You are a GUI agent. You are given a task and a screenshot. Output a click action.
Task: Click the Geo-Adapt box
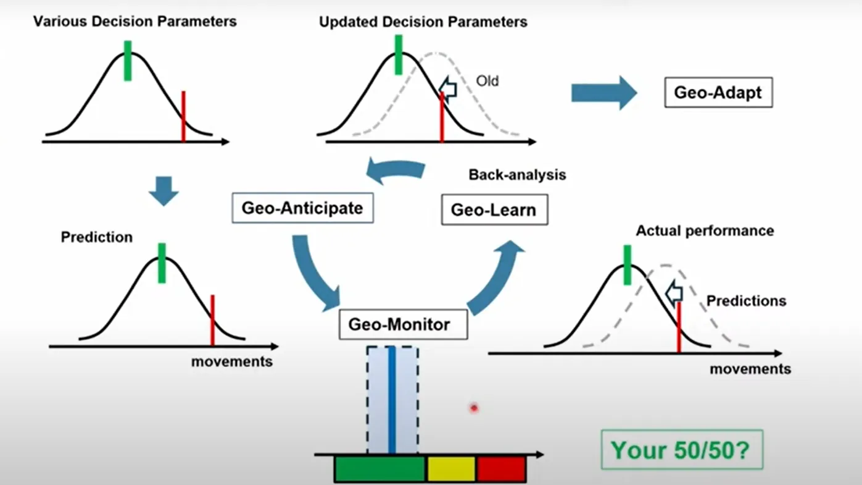pos(718,93)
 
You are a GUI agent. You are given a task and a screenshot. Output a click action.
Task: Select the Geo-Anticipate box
pos(302,208)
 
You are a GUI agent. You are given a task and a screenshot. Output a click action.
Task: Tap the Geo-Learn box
pos(494,210)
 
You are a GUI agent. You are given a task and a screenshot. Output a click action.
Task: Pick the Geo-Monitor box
pos(403,324)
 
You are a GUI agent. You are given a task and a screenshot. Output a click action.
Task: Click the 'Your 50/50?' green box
pos(682,449)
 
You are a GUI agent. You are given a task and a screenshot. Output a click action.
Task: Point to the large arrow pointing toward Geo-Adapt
pos(603,93)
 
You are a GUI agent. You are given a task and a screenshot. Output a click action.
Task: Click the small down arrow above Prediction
pos(164,191)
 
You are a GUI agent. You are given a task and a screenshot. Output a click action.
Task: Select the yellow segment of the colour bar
pos(451,470)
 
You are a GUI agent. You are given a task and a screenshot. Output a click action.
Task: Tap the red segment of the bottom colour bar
pos(501,470)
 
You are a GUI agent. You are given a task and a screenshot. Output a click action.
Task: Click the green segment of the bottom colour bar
pos(379,470)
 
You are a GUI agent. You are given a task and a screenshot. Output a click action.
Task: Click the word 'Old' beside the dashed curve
pos(487,81)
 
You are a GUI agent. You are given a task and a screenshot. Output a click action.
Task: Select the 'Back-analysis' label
pos(517,175)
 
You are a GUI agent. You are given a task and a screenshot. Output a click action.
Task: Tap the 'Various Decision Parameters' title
pos(135,22)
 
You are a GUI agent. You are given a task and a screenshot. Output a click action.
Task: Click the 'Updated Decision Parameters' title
pos(423,22)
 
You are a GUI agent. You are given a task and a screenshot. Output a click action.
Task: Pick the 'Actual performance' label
pos(705,231)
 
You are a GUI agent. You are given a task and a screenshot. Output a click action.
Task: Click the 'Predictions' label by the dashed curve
pos(746,301)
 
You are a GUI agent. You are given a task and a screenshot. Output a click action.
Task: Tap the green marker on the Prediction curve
pos(162,263)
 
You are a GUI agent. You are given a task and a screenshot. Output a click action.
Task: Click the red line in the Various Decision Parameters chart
pos(183,116)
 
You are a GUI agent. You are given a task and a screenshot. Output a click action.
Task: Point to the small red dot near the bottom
pos(474,408)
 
